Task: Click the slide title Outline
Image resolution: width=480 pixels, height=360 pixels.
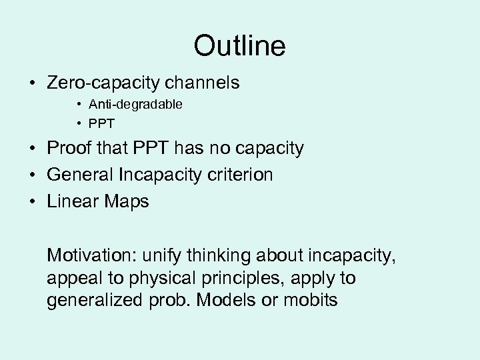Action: point(239,46)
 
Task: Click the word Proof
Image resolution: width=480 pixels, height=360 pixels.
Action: point(70,148)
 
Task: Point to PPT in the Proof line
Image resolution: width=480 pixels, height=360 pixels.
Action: point(155,148)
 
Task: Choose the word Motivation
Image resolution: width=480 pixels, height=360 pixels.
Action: point(90,255)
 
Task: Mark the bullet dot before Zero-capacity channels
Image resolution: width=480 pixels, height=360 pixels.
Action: point(32,84)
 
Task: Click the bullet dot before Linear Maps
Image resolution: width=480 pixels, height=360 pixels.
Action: point(32,202)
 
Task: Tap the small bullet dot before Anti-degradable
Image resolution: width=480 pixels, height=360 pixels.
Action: point(79,105)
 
